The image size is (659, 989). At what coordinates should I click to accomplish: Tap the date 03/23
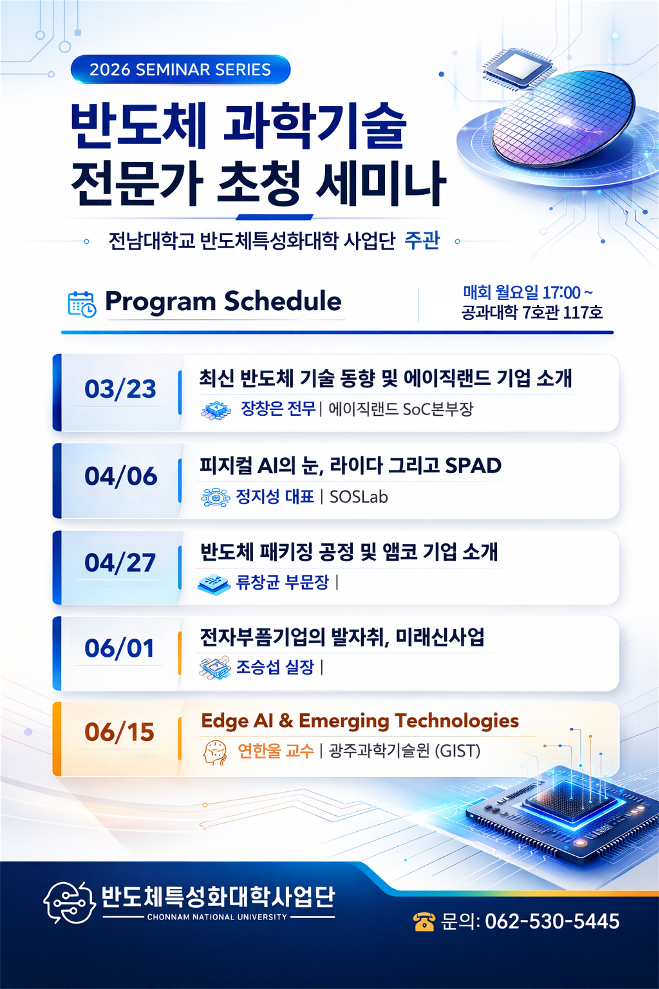pos(120,389)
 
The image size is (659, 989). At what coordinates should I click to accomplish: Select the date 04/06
pos(121,476)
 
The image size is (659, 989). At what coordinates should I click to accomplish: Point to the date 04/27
pos(120,563)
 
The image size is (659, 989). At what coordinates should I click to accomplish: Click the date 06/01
pos(119,648)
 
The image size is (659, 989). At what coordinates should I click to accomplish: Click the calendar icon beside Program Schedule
pos(82,304)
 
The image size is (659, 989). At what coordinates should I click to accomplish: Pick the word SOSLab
pos(358,497)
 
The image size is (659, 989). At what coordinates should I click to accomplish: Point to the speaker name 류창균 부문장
pos(282,582)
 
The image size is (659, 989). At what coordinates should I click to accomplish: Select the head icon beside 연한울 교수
pos(215,752)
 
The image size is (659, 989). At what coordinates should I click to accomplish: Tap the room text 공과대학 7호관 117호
pos(532,312)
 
